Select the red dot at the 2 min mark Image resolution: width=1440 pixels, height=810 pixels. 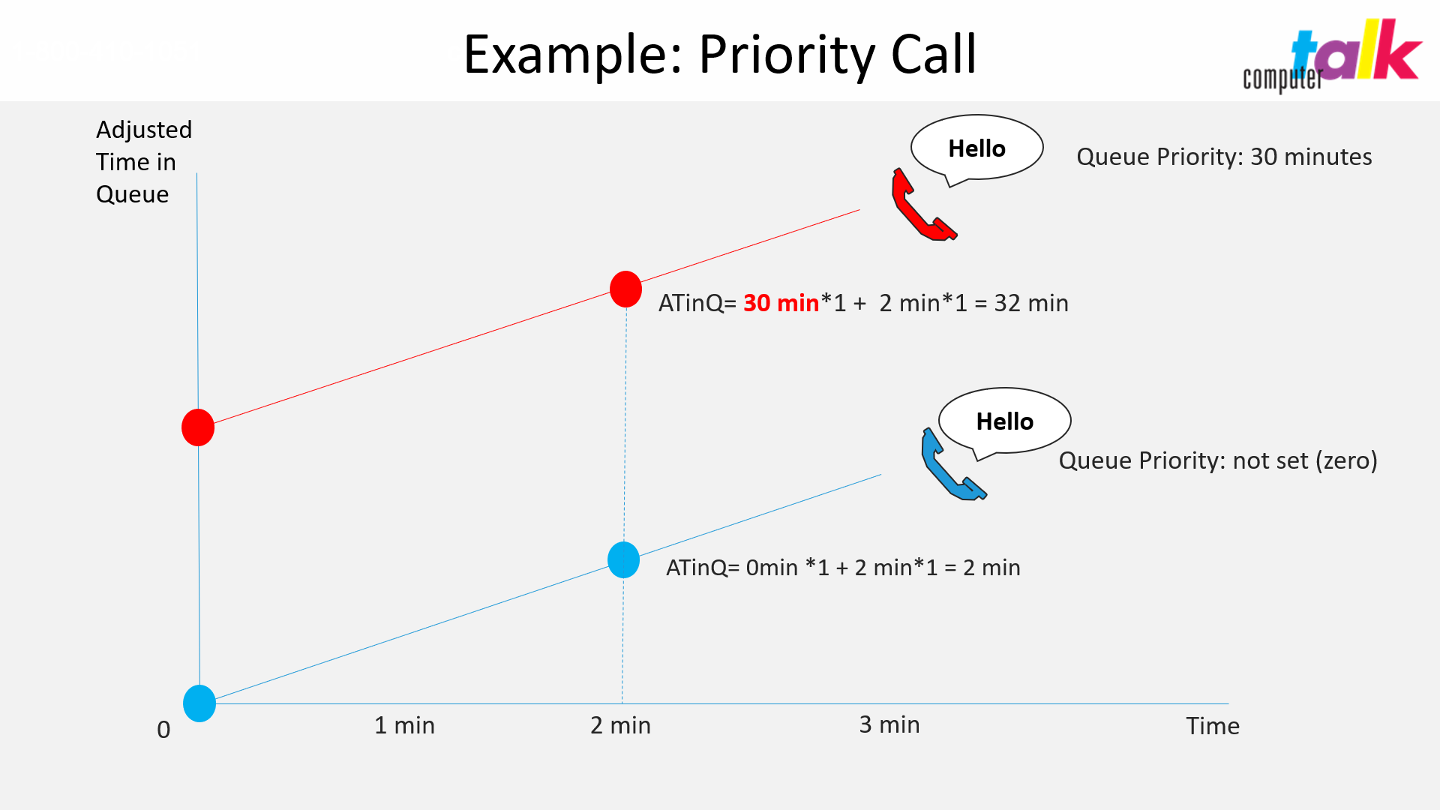[x=625, y=289]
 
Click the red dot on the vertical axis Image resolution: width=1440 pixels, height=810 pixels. [x=198, y=427]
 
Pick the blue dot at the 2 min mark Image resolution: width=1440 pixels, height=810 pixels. [x=623, y=560]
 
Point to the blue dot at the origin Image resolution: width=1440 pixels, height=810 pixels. [x=199, y=703]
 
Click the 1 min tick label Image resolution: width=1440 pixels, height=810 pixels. [x=404, y=725]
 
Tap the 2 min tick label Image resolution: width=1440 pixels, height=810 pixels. [x=620, y=725]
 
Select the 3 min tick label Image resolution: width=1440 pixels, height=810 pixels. [x=889, y=724]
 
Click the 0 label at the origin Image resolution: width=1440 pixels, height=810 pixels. [x=163, y=730]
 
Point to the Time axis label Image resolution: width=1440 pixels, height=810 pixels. [x=1213, y=726]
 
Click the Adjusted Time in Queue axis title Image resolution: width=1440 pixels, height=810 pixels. [x=144, y=162]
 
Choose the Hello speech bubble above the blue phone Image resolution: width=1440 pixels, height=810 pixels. [x=1004, y=421]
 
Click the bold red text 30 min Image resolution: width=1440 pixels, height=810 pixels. [x=781, y=303]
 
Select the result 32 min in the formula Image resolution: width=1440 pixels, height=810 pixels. [x=1031, y=303]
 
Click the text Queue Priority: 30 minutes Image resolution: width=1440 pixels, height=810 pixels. [x=1224, y=157]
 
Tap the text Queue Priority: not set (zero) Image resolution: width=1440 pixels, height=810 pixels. [x=1218, y=460]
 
